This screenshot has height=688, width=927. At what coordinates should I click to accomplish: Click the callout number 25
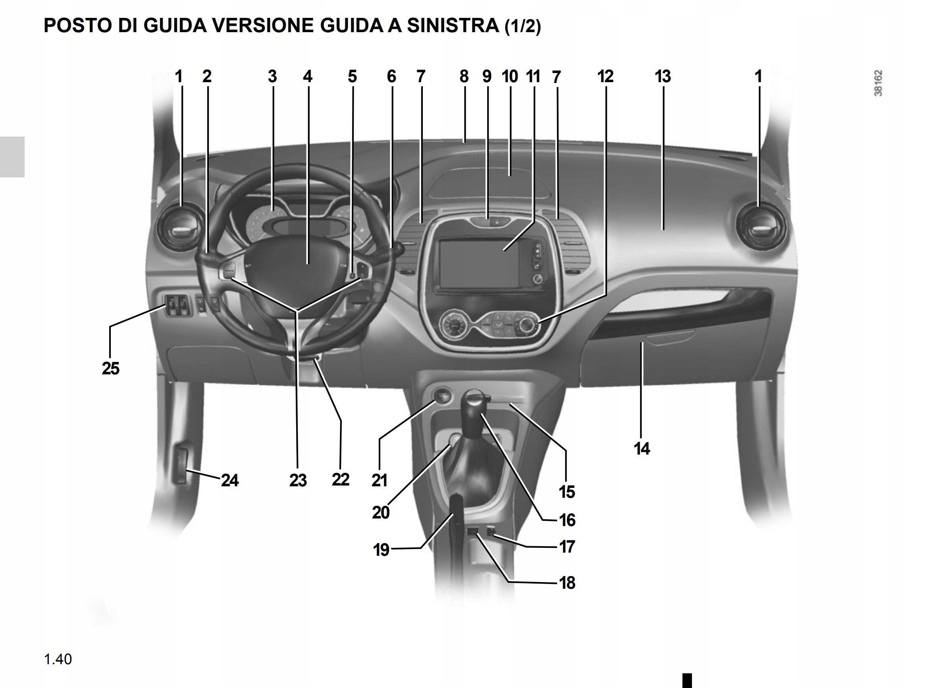(x=110, y=368)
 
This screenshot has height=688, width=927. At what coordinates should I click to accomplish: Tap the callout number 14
(x=642, y=449)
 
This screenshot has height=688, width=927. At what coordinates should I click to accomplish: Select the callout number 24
(x=229, y=480)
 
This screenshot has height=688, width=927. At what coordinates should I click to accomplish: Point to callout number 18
(x=567, y=583)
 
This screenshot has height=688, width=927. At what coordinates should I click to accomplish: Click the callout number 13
(x=663, y=77)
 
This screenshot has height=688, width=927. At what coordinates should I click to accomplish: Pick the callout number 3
(x=272, y=77)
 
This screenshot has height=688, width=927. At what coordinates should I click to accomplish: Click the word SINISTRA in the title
(x=453, y=25)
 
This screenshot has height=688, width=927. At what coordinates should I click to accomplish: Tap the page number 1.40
(x=58, y=659)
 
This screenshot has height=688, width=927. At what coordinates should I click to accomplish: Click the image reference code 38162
(x=878, y=83)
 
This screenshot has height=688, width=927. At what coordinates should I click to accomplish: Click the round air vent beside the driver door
(x=180, y=227)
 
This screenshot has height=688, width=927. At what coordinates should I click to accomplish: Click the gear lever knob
(x=474, y=410)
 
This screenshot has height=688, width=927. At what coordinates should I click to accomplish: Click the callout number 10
(x=510, y=77)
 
